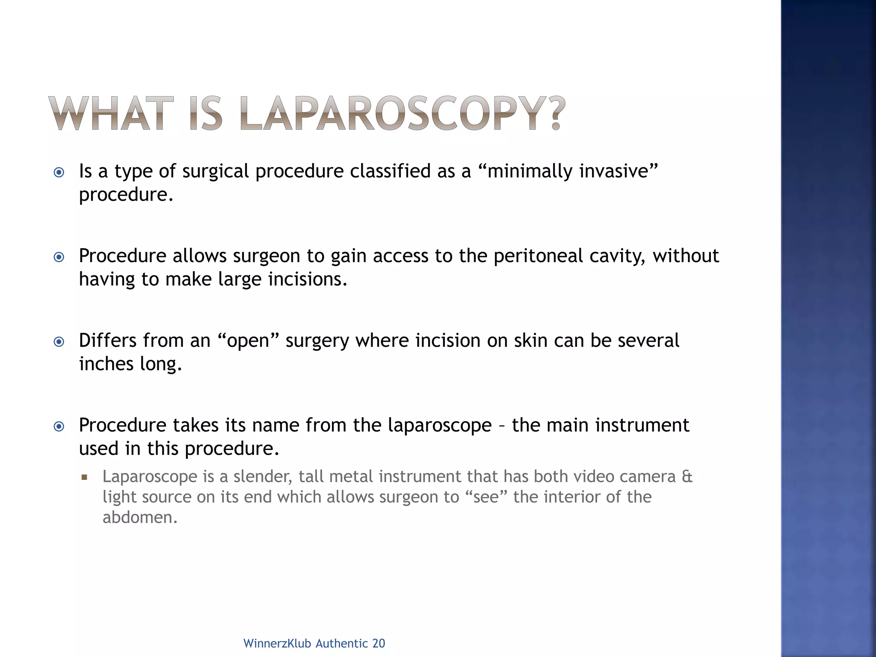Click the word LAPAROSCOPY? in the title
(402, 113)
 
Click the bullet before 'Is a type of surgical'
(59, 172)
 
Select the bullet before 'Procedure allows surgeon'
(59, 257)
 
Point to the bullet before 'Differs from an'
(59, 342)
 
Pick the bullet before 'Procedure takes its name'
(59, 426)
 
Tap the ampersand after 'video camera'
(687, 476)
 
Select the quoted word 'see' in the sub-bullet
(486, 497)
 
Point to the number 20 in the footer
(379, 643)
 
